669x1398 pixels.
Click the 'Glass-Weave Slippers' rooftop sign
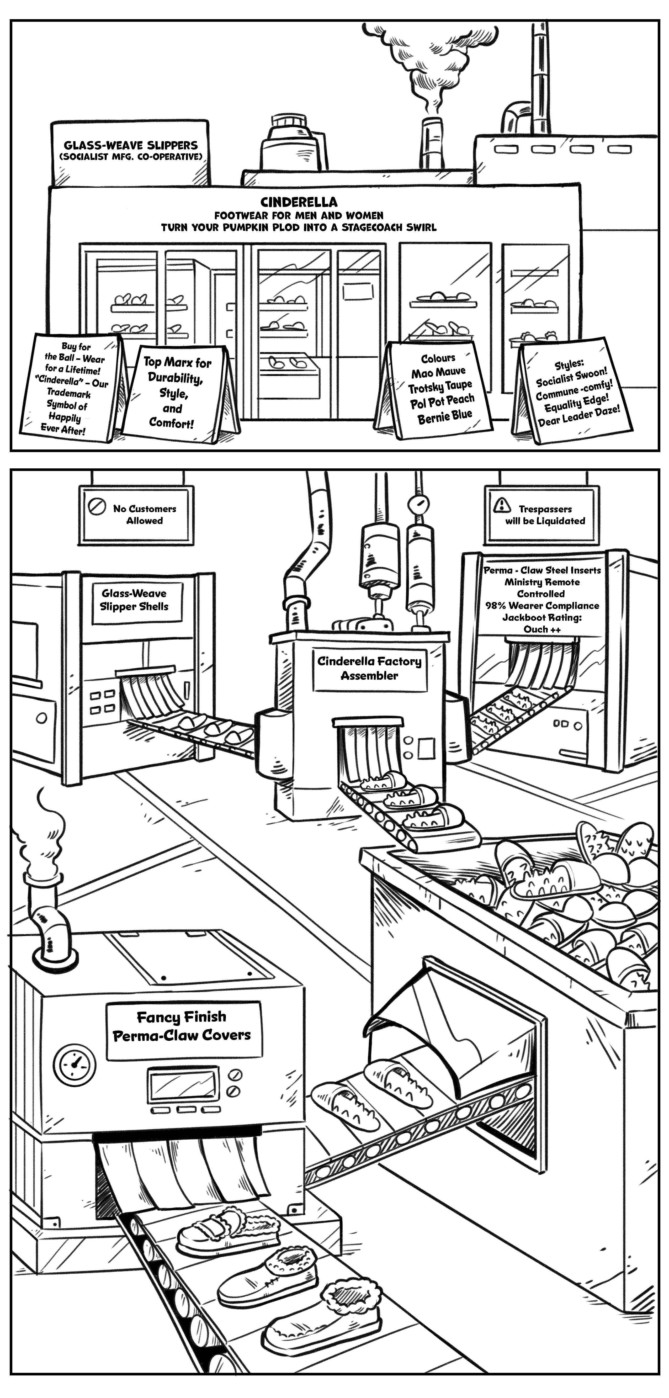131,150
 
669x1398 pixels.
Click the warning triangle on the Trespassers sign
502,505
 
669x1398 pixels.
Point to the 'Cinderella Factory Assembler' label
369,668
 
